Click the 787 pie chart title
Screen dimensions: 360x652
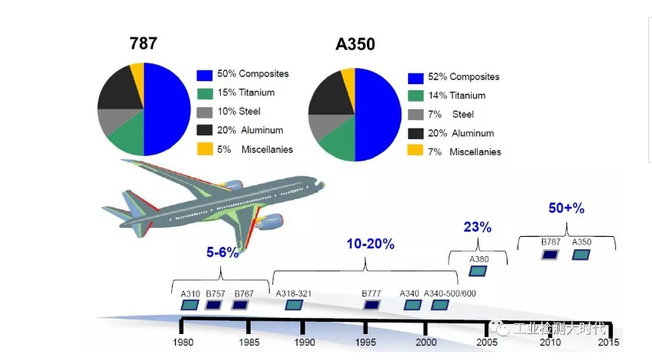[x=143, y=44]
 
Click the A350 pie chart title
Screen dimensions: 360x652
[x=355, y=44]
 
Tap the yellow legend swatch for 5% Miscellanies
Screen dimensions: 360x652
[x=204, y=149]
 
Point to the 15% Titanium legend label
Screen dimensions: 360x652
[x=245, y=93]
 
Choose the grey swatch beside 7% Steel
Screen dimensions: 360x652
[x=415, y=115]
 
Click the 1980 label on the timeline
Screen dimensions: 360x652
[x=183, y=342]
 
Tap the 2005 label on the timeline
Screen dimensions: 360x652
[x=486, y=342]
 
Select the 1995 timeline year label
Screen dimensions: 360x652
[x=365, y=342]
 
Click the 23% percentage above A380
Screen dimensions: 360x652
[x=477, y=227]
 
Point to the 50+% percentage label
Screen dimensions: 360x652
[x=566, y=207]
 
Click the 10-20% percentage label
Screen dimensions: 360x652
[x=370, y=245]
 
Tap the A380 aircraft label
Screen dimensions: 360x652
[x=478, y=259]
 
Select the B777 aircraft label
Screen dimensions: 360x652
[x=372, y=294]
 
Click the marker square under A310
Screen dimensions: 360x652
[x=189, y=305]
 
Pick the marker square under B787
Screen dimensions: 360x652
[x=550, y=254]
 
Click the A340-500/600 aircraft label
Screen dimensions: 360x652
[x=449, y=294]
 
